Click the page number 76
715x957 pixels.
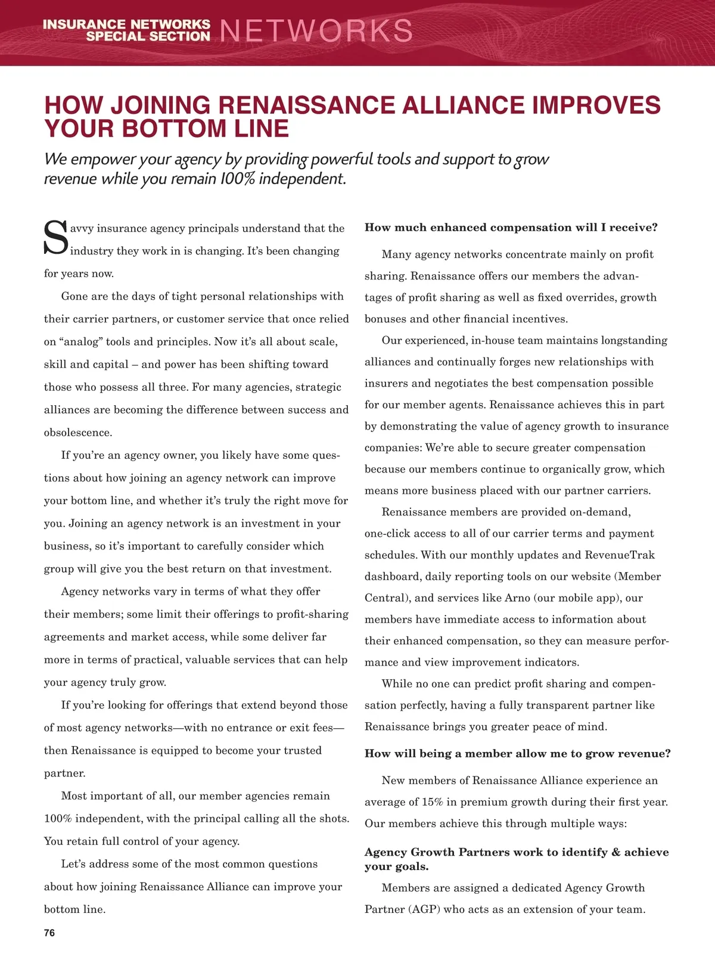tap(49, 933)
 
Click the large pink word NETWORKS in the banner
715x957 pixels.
tap(316, 31)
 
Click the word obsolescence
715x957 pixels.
tap(78, 433)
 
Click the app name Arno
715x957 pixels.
tap(517, 598)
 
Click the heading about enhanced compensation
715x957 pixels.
tap(511, 228)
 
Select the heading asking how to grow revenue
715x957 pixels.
tap(518, 754)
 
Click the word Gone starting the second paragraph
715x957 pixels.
tap(74, 297)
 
